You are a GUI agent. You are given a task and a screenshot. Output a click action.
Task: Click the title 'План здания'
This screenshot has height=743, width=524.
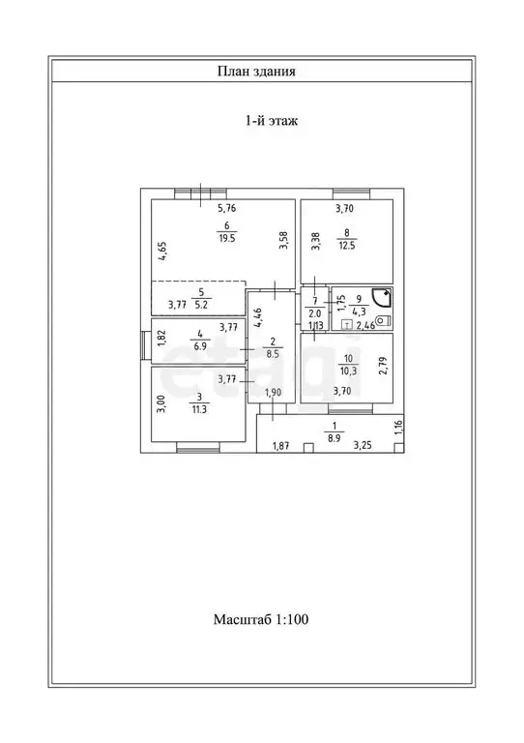[x=256, y=72]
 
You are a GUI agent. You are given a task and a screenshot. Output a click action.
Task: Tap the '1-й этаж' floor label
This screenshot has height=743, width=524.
[x=272, y=121]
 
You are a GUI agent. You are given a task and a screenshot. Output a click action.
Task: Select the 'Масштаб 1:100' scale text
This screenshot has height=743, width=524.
[x=261, y=619]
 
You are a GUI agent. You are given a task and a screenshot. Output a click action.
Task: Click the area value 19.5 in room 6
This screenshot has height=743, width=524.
[x=227, y=239]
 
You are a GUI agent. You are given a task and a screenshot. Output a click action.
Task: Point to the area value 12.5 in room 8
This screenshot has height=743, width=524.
[x=347, y=246]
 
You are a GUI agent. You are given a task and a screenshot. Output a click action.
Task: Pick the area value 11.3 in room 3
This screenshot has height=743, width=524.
[x=199, y=410]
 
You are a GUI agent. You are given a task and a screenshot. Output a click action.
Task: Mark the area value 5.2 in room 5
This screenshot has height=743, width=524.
[x=201, y=305]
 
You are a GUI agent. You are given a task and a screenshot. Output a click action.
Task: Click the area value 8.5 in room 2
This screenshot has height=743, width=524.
[x=273, y=353]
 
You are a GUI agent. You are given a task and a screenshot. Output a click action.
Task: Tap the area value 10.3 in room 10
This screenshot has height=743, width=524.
[x=348, y=371]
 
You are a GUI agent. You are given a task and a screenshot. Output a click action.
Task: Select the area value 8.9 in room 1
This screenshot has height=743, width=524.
[x=335, y=439]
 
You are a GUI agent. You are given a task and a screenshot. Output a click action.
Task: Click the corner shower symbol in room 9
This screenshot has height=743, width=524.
[x=382, y=299]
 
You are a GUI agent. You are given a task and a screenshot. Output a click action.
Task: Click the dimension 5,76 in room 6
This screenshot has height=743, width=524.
[x=227, y=208]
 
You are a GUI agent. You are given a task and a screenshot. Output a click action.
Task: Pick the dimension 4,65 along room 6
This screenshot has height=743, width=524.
[x=162, y=252]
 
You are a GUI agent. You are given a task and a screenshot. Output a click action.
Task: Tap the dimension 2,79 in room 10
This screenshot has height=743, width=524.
[x=384, y=366]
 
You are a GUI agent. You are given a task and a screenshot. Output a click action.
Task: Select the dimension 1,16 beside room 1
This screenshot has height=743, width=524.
[x=398, y=429]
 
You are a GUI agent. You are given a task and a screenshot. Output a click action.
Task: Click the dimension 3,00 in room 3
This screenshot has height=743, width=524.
[x=161, y=404]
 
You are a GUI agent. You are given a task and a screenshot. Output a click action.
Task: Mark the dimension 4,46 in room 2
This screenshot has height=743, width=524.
[x=258, y=318]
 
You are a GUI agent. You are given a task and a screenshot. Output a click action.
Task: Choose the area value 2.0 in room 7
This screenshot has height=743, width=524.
[x=315, y=313]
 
